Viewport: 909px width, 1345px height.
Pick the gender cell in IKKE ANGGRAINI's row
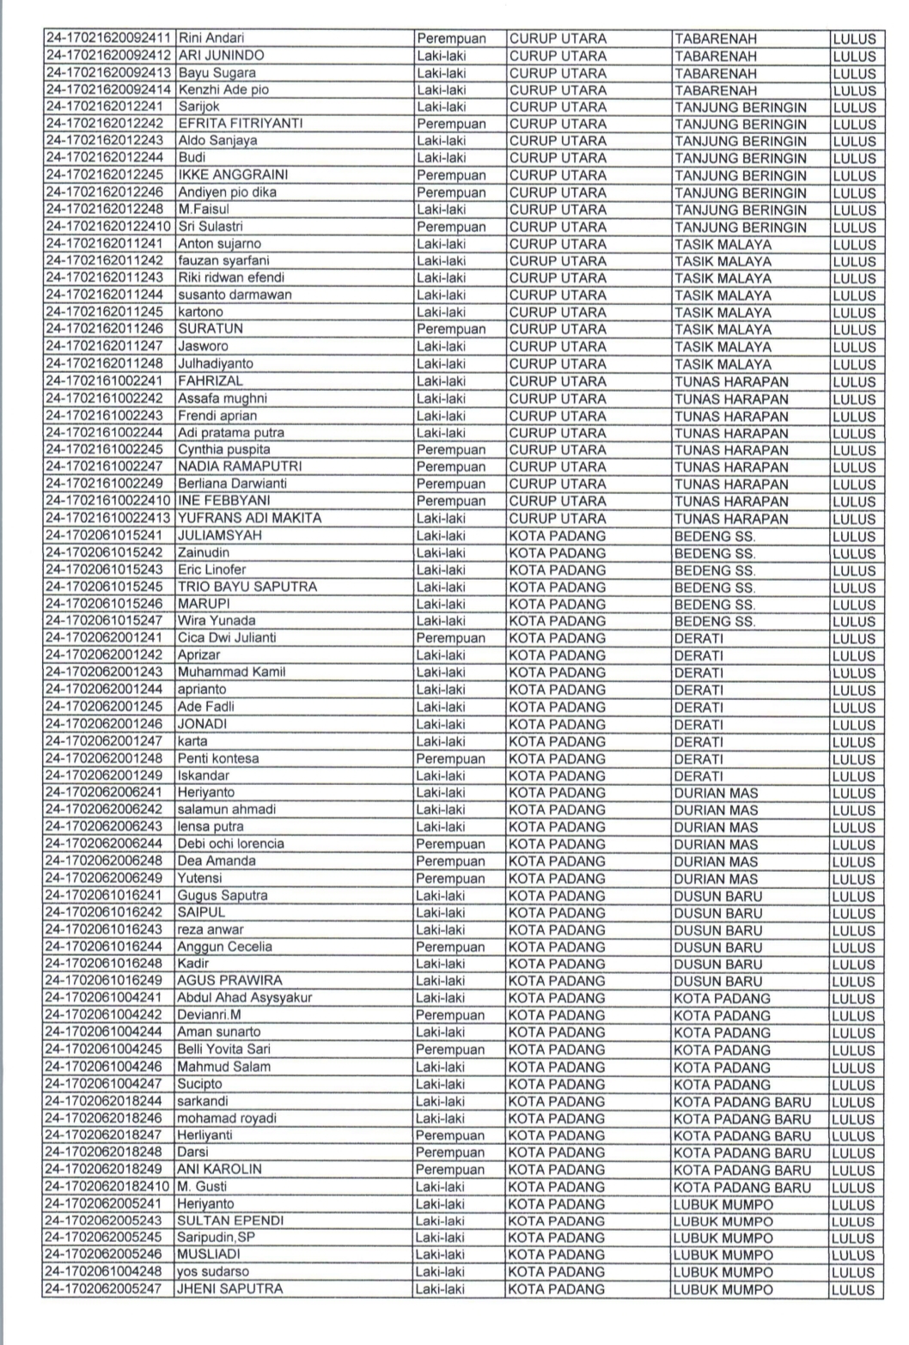point(451,175)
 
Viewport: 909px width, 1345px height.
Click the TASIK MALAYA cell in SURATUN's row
point(723,329)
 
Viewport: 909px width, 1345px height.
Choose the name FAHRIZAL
point(210,380)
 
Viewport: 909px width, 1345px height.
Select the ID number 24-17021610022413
point(108,518)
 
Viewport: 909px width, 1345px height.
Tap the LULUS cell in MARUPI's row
point(853,604)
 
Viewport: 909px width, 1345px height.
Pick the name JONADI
point(202,724)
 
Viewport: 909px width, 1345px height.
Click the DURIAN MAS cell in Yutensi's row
point(716,879)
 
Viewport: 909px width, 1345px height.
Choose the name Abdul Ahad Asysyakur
point(244,998)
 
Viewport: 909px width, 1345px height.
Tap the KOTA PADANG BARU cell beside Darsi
point(741,1153)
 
